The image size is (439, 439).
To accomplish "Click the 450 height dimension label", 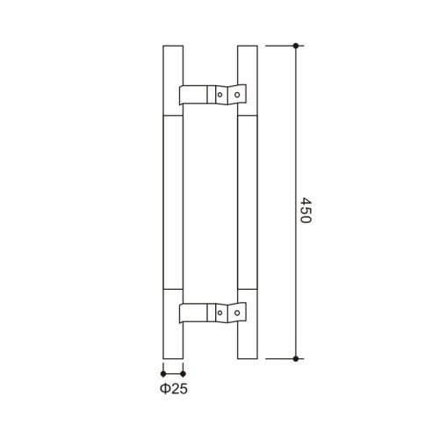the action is click(306, 210).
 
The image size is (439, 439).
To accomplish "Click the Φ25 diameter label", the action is click(174, 389).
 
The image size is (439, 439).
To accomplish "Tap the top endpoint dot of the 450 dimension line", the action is click(296, 46).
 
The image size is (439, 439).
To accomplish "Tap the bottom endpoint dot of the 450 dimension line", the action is click(296, 358).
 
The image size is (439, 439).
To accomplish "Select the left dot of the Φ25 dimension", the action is click(163, 374).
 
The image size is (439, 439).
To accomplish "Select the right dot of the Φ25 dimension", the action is click(183, 374).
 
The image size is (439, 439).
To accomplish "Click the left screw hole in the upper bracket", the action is click(219, 95).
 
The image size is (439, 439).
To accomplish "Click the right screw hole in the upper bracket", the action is click(237, 95).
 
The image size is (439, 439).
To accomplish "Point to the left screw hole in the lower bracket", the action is click(219, 313).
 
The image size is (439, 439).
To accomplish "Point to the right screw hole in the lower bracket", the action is click(237, 313).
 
